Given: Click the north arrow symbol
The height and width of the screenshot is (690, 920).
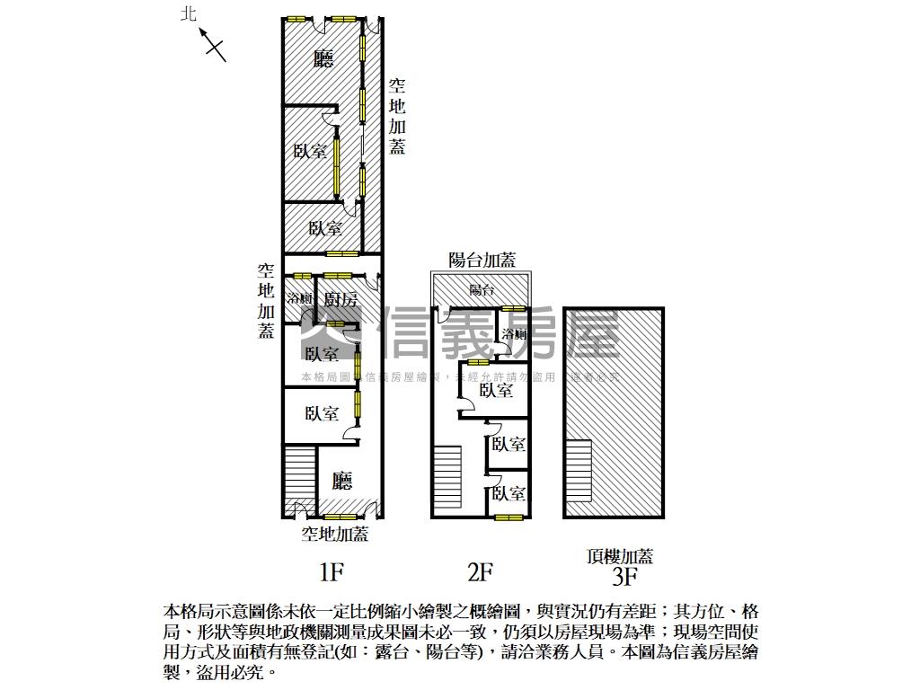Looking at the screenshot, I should tap(213, 44).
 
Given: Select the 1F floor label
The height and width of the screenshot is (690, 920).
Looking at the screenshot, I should tap(332, 571).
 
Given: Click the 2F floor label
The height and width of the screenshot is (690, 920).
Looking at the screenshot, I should tap(480, 571).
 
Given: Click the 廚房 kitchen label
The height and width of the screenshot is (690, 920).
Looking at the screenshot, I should tap(341, 299).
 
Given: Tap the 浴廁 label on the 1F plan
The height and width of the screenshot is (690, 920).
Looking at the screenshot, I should tap(299, 299).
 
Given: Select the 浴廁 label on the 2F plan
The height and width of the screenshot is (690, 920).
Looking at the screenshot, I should tap(514, 335).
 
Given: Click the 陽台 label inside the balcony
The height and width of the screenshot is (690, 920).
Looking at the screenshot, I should tap(482, 290).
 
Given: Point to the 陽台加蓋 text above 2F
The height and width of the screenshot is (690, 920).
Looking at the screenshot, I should tap(482, 261).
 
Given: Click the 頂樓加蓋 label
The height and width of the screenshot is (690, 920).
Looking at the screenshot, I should tap(620, 555).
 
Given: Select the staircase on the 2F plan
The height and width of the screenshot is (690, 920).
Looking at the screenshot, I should tap(447, 481).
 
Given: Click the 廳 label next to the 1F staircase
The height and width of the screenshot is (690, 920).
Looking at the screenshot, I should tap(341, 482).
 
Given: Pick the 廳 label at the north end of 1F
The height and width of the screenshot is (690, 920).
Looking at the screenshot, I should tap(323, 59).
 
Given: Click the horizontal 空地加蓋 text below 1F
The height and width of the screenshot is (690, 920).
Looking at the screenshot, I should tap(334, 535).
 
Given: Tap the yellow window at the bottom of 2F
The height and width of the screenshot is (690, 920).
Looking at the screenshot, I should tap(509, 517).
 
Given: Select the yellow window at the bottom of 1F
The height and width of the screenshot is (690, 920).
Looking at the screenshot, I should tap(341, 517).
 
